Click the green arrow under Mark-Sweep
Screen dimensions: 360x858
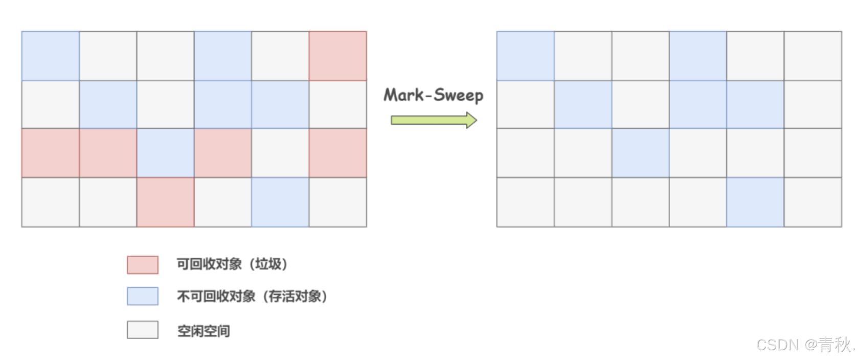(434, 120)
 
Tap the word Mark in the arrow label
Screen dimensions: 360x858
(404, 95)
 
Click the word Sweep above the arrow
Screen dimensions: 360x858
(458, 96)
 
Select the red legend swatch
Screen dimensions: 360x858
(143, 264)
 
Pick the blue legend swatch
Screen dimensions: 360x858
(143, 296)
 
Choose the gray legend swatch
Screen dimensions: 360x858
(143, 330)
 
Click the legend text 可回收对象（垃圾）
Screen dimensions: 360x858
(232, 264)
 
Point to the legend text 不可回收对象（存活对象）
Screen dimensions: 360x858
(252, 297)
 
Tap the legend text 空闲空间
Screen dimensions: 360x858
(204, 331)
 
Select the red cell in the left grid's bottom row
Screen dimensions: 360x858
(165, 202)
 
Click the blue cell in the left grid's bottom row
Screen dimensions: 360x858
(280, 202)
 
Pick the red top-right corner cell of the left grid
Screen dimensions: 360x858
(337, 56)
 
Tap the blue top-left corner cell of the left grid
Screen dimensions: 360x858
(50, 56)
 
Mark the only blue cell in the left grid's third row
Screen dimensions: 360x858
(165, 153)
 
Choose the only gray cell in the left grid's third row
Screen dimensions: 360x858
(280, 153)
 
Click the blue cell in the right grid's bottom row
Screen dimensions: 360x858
(755, 202)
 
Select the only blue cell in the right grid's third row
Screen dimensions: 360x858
(640, 153)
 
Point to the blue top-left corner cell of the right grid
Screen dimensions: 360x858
(525, 56)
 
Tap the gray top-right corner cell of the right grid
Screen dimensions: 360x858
(813, 56)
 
